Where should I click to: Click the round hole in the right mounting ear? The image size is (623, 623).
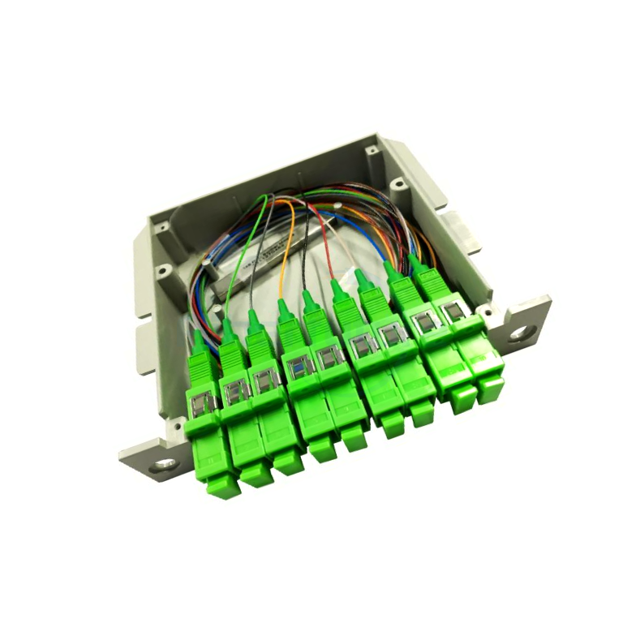tap(518, 332)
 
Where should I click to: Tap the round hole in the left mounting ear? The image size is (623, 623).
tap(165, 465)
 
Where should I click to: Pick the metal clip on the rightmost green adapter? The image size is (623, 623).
tap(454, 311)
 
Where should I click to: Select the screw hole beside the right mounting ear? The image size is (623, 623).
tap(488, 310)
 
